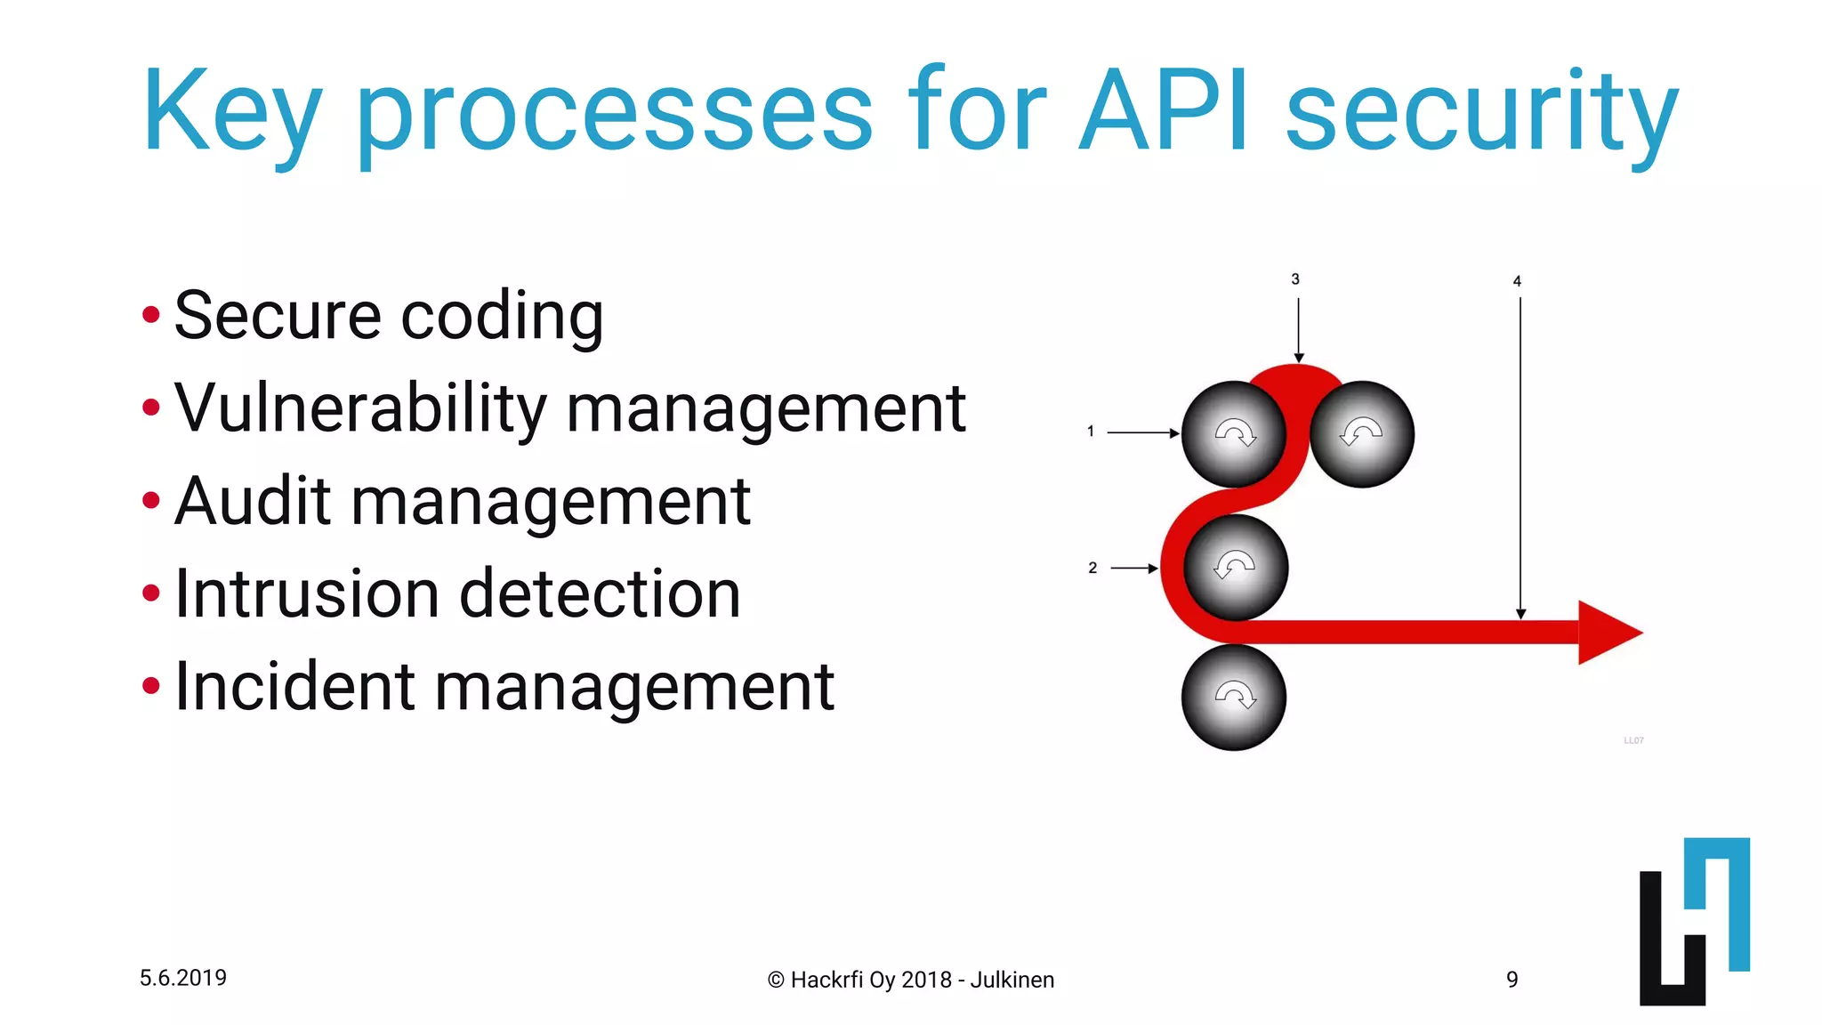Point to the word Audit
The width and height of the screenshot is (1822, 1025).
[253, 501]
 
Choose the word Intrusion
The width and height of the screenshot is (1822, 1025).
[306, 593]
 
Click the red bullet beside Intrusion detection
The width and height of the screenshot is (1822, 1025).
[151, 593]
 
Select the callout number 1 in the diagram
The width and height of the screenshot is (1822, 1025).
[1090, 432]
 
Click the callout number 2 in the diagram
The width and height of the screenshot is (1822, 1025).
[1092, 568]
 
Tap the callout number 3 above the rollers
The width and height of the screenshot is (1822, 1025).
[1295, 279]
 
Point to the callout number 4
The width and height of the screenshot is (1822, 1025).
[1517, 281]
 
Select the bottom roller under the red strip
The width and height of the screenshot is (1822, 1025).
[1234, 698]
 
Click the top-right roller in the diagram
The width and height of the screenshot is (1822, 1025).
[1362, 434]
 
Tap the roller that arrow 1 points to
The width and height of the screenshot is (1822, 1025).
[1234, 434]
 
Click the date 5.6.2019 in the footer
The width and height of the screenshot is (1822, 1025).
[183, 978]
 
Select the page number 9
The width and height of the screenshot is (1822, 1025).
[1512, 980]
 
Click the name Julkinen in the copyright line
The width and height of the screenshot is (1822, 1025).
[1012, 980]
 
